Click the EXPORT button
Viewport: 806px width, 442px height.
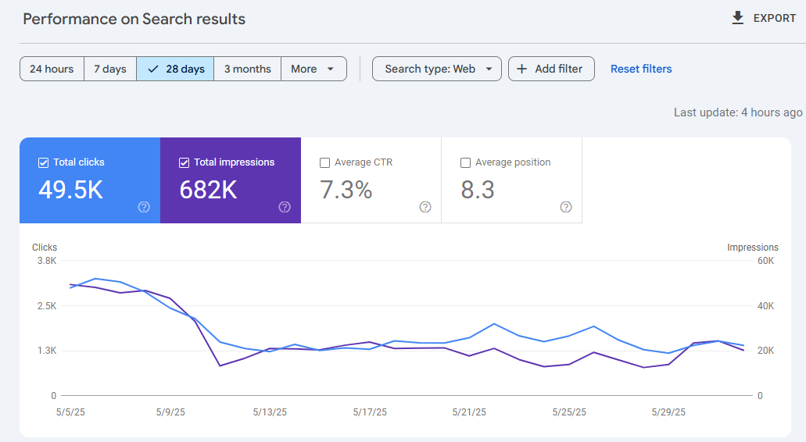pos(764,18)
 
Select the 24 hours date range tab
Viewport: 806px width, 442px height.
pos(52,69)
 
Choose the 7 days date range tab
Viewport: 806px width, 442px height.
pos(110,69)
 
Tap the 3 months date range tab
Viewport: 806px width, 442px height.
pos(247,69)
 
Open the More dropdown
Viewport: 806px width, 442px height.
pos(313,69)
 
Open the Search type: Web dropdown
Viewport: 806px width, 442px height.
pos(437,69)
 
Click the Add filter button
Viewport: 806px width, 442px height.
pos(551,69)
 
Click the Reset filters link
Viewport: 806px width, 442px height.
pos(641,69)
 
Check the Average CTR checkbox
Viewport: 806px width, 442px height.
pos(325,163)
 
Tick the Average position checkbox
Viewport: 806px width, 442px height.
pos(466,163)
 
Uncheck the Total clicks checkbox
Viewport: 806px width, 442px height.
pos(44,163)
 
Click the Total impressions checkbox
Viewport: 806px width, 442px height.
pos(184,163)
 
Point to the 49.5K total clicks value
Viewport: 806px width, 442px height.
pos(71,190)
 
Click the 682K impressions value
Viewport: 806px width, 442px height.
pos(209,190)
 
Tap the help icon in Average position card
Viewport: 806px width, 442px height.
pos(566,207)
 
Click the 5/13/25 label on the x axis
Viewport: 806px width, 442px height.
pos(270,412)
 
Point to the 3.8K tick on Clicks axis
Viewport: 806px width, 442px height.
pos(47,261)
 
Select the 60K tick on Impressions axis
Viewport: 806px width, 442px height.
pos(765,261)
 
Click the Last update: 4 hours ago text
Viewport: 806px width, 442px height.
pos(738,112)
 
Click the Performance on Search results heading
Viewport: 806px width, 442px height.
pos(134,19)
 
